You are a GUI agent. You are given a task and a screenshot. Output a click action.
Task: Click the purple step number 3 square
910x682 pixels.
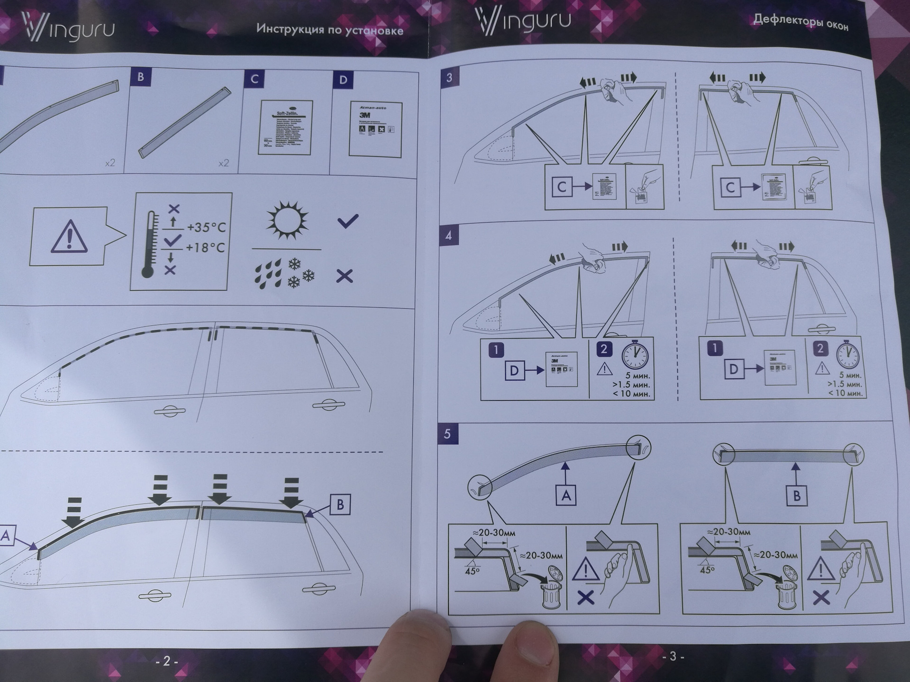click(x=449, y=78)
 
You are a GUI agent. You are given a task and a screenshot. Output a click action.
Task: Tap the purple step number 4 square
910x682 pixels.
click(x=448, y=235)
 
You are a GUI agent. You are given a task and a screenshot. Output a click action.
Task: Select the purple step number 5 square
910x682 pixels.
click(x=447, y=434)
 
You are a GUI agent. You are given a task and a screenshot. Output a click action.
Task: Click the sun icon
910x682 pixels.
click(x=287, y=220)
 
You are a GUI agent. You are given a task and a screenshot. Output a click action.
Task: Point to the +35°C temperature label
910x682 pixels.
click(x=206, y=227)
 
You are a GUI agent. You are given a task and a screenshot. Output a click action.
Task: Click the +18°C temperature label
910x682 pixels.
click(x=205, y=248)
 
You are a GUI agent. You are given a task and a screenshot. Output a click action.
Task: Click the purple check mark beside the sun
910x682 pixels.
click(x=347, y=221)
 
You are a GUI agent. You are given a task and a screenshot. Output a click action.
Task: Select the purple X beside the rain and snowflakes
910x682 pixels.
click(x=345, y=276)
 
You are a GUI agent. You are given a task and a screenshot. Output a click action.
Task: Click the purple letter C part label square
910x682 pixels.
click(x=254, y=79)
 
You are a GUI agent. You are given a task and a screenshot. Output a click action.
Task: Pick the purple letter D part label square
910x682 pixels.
click(x=343, y=80)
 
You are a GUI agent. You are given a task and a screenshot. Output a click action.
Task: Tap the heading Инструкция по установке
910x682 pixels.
click(x=329, y=29)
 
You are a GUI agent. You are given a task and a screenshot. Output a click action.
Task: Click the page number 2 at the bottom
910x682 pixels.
click(x=166, y=661)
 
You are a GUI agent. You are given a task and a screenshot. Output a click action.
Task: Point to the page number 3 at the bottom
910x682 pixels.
click(x=673, y=656)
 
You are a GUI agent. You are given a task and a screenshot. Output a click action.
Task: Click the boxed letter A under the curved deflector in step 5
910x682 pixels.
click(x=565, y=495)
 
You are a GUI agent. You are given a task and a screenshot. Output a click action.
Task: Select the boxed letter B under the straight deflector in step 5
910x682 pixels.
click(x=796, y=496)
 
